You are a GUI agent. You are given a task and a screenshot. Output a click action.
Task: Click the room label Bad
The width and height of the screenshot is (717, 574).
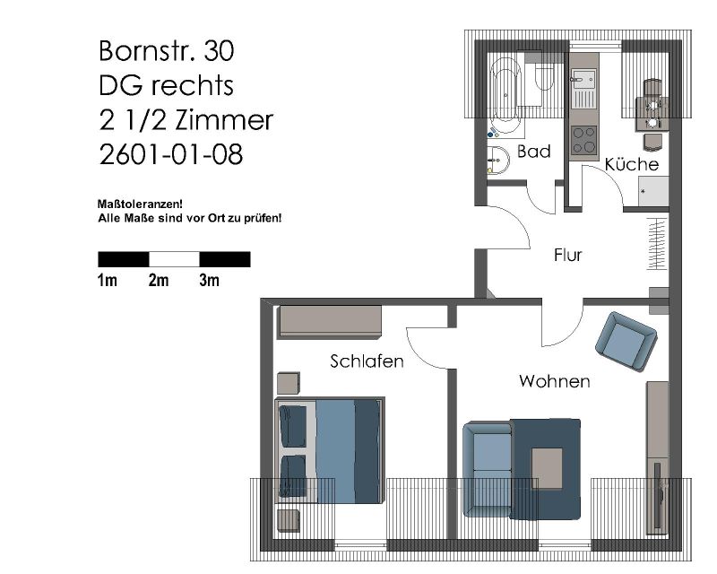pos(533,152)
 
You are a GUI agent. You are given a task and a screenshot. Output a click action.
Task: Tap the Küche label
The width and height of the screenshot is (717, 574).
pos(632,164)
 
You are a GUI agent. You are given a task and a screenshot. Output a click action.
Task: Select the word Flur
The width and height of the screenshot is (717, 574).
pos(567,255)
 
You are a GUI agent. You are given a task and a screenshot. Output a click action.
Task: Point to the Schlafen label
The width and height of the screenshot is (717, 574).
pos(367,361)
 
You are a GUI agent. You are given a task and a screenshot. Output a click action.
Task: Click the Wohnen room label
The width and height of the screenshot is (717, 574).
pos(554,381)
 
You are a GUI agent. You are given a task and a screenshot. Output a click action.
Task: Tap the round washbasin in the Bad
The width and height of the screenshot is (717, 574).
pos(498,161)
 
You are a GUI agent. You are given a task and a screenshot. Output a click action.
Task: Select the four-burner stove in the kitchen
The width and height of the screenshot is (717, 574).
pos(584,140)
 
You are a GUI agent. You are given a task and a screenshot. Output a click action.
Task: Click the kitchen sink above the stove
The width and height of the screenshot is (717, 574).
pos(584,89)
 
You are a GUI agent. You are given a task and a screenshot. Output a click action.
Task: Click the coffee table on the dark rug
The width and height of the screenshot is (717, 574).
pos(547,469)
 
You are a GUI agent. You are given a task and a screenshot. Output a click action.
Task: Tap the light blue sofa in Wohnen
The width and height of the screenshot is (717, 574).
pos(488,469)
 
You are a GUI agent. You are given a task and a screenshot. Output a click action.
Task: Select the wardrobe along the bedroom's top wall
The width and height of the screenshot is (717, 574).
pos(329,322)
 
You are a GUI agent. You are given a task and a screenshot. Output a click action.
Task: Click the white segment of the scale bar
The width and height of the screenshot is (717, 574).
pos(174,259)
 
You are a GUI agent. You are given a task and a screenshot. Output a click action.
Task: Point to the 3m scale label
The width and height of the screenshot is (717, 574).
pos(209,280)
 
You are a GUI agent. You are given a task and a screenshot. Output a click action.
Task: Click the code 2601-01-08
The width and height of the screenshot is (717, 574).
pos(170,154)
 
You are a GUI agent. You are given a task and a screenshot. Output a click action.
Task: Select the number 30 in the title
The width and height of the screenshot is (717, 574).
pos(219,50)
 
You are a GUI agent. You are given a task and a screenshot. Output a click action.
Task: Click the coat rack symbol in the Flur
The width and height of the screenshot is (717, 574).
pos(657,244)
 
